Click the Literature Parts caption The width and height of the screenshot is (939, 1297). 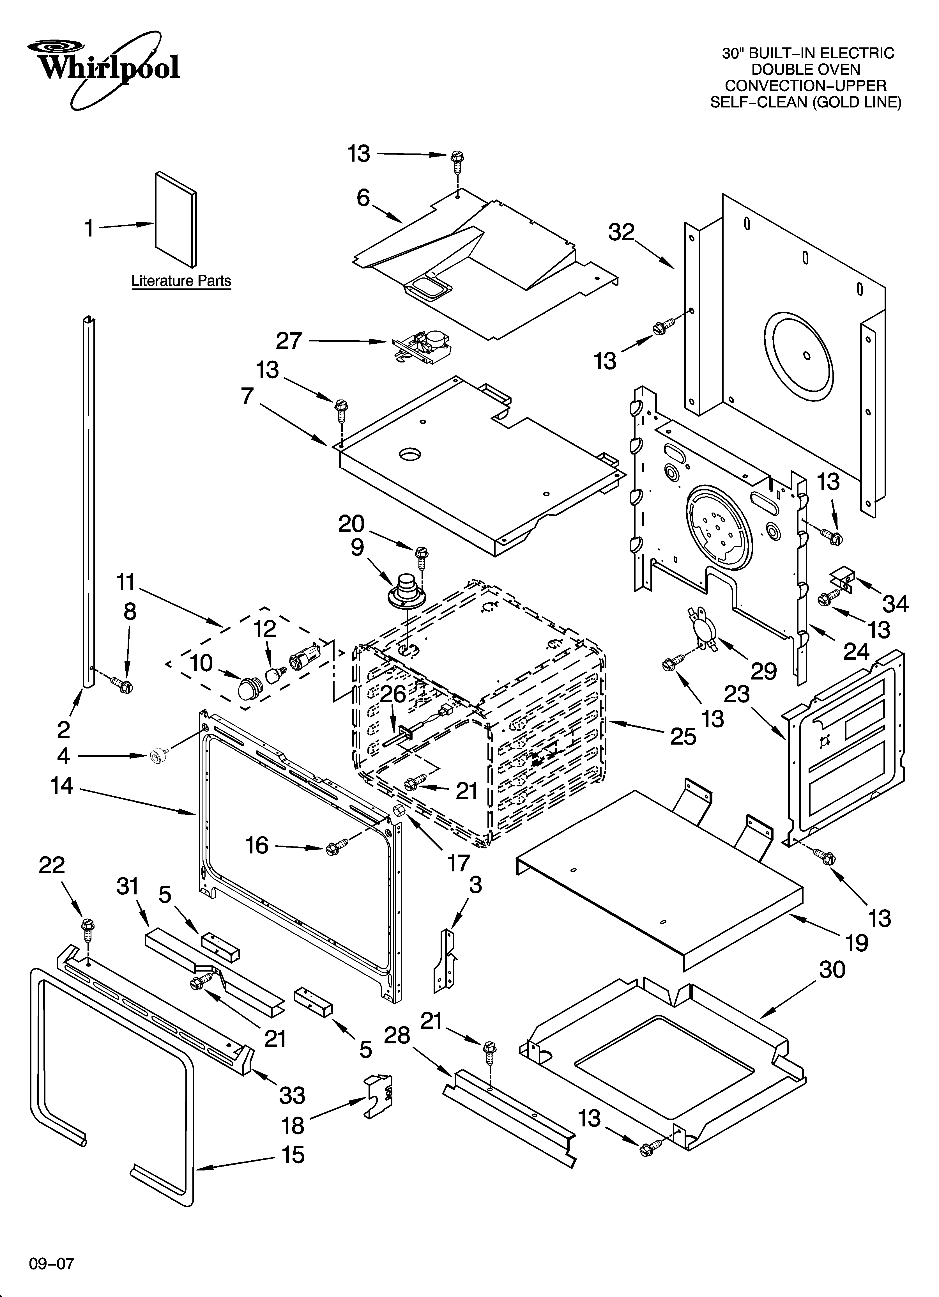point(181,281)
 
